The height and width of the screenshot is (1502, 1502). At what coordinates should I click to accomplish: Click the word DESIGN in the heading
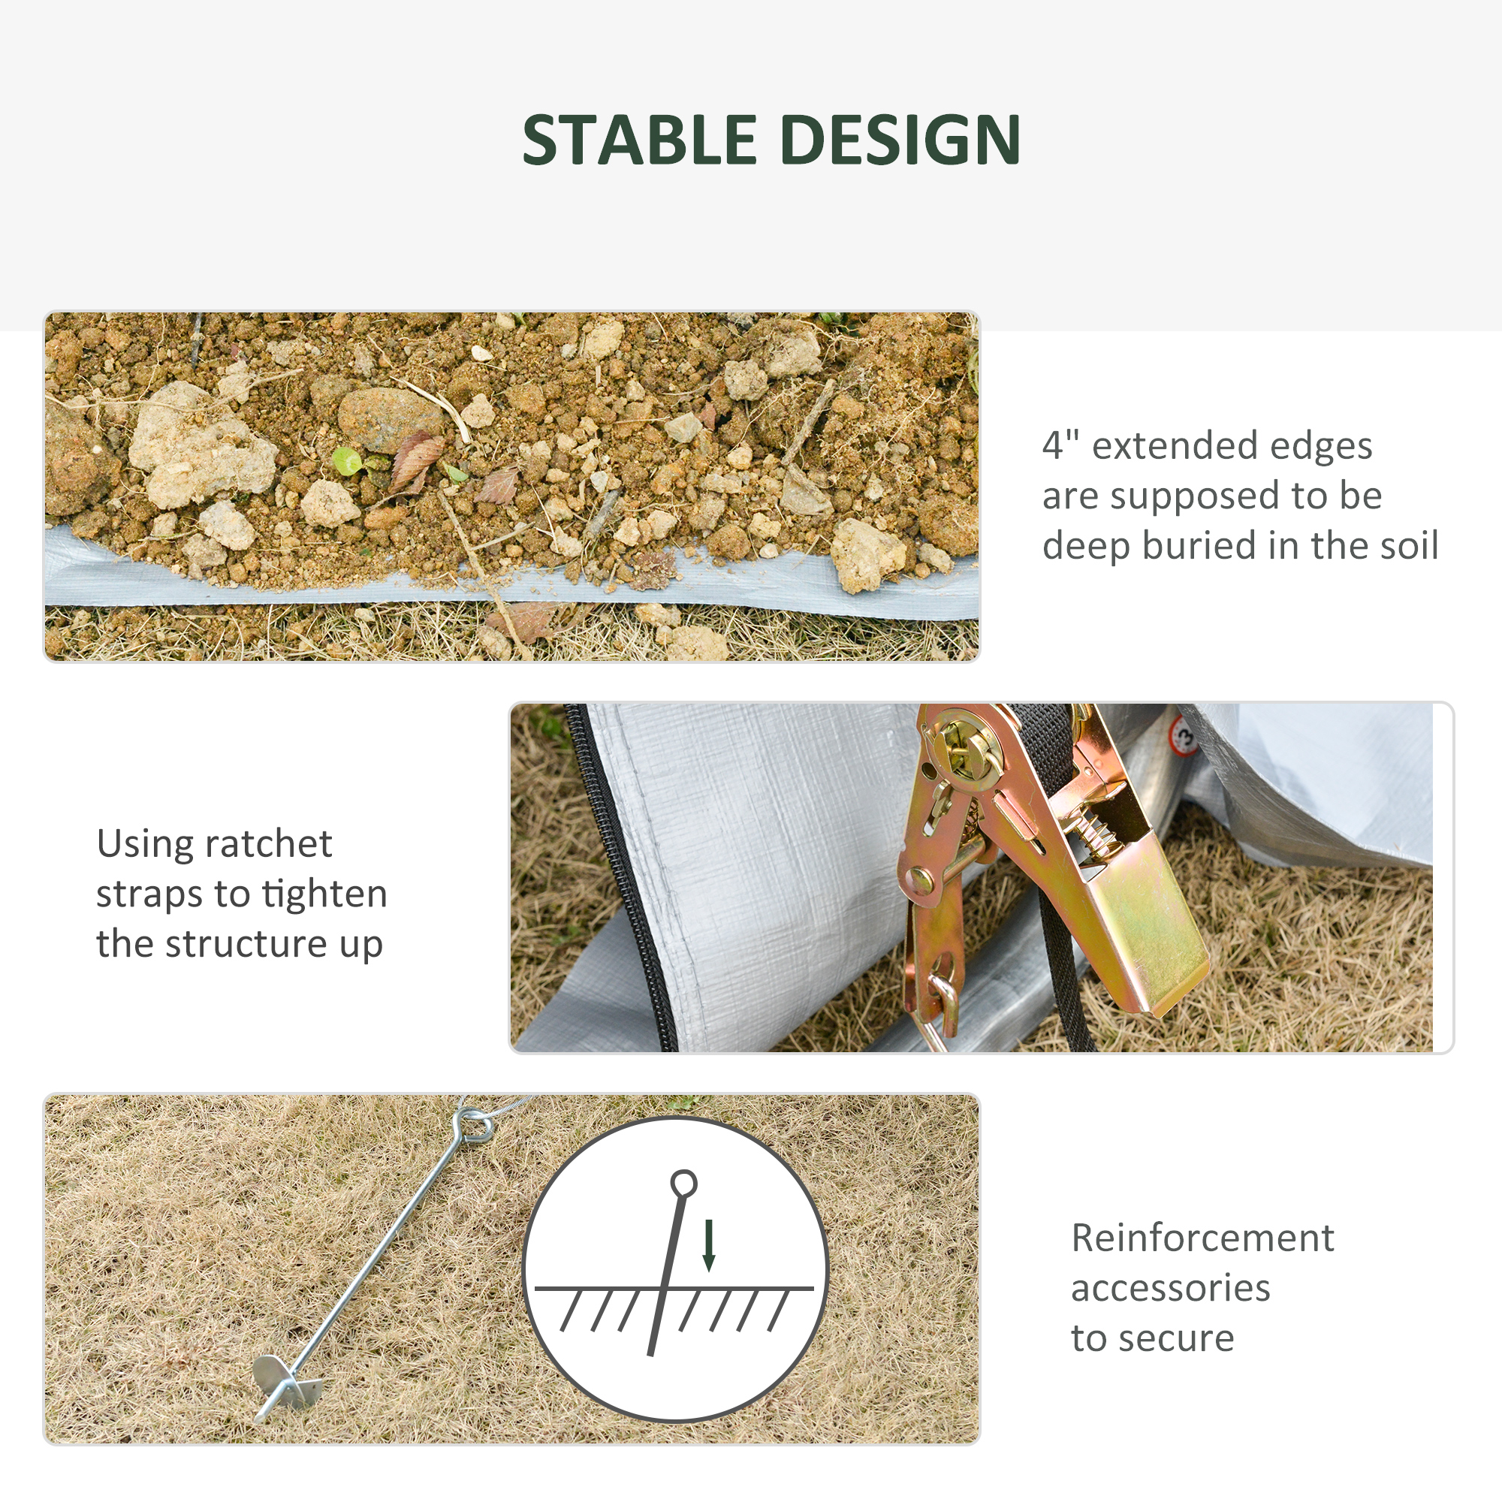pos(900,140)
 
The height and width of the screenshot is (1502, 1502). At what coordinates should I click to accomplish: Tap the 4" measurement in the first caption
pos(1060,445)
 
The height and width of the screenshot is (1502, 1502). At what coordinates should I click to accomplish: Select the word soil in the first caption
pos(1405,545)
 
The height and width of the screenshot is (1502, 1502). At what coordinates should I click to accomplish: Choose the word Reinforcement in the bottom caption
pos(1202,1238)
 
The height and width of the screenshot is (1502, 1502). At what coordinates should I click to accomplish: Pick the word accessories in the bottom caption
pos(1170,1288)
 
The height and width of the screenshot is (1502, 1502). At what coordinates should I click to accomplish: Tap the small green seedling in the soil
pos(347,460)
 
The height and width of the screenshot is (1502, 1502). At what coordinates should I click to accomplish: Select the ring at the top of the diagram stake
pos(683,1184)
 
